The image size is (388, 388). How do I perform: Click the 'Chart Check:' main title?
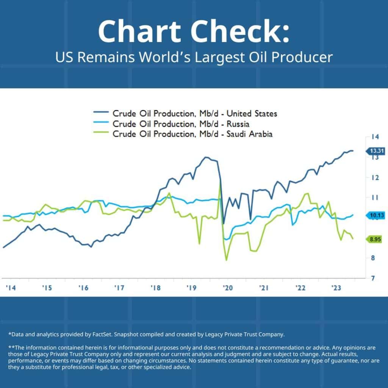(x=194, y=31)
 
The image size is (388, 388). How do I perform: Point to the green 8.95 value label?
(x=375, y=239)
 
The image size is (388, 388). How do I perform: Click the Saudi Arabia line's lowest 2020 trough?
(x=227, y=260)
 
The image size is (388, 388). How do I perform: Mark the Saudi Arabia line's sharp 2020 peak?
(x=220, y=185)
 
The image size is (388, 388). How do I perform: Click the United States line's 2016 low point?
(x=91, y=247)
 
